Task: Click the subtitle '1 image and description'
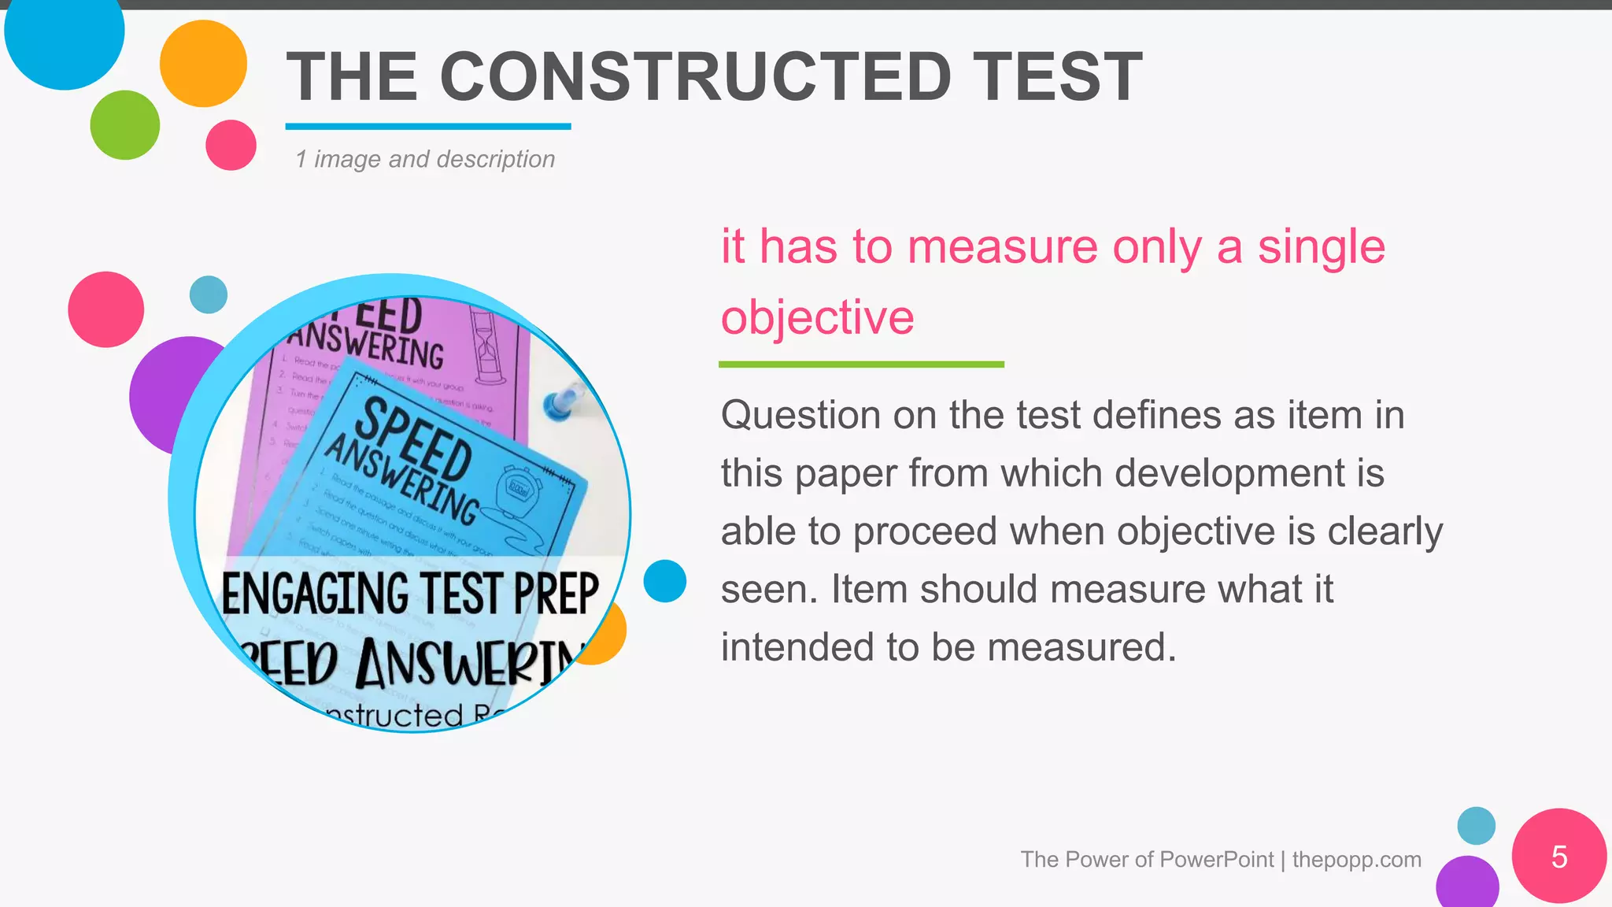click(x=425, y=159)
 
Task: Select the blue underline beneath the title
click(x=427, y=126)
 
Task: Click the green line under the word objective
click(x=861, y=364)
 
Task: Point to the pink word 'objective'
click(x=817, y=317)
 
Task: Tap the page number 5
click(x=1558, y=857)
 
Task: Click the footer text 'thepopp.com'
click(x=1356, y=859)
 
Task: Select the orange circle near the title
click(x=203, y=64)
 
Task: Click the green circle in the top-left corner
click(x=124, y=125)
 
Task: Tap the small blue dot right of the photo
click(x=664, y=581)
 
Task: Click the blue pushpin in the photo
click(x=561, y=403)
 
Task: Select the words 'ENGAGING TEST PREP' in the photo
click(x=409, y=594)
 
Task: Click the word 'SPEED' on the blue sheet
click(x=414, y=438)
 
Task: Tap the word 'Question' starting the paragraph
click(x=800, y=415)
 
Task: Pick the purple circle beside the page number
click(x=1466, y=883)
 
